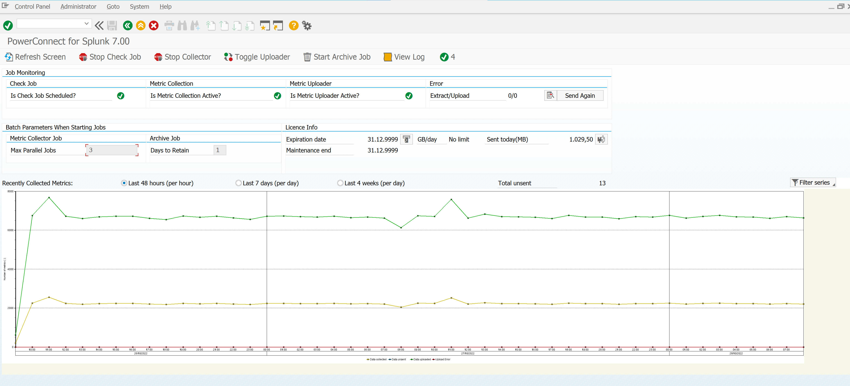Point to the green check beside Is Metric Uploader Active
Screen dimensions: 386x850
[409, 96]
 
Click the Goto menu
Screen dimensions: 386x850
[113, 7]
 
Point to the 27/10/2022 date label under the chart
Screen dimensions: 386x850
[468, 354]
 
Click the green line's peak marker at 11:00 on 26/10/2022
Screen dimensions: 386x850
[49, 197]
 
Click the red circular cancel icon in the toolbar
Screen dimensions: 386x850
[154, 26]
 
